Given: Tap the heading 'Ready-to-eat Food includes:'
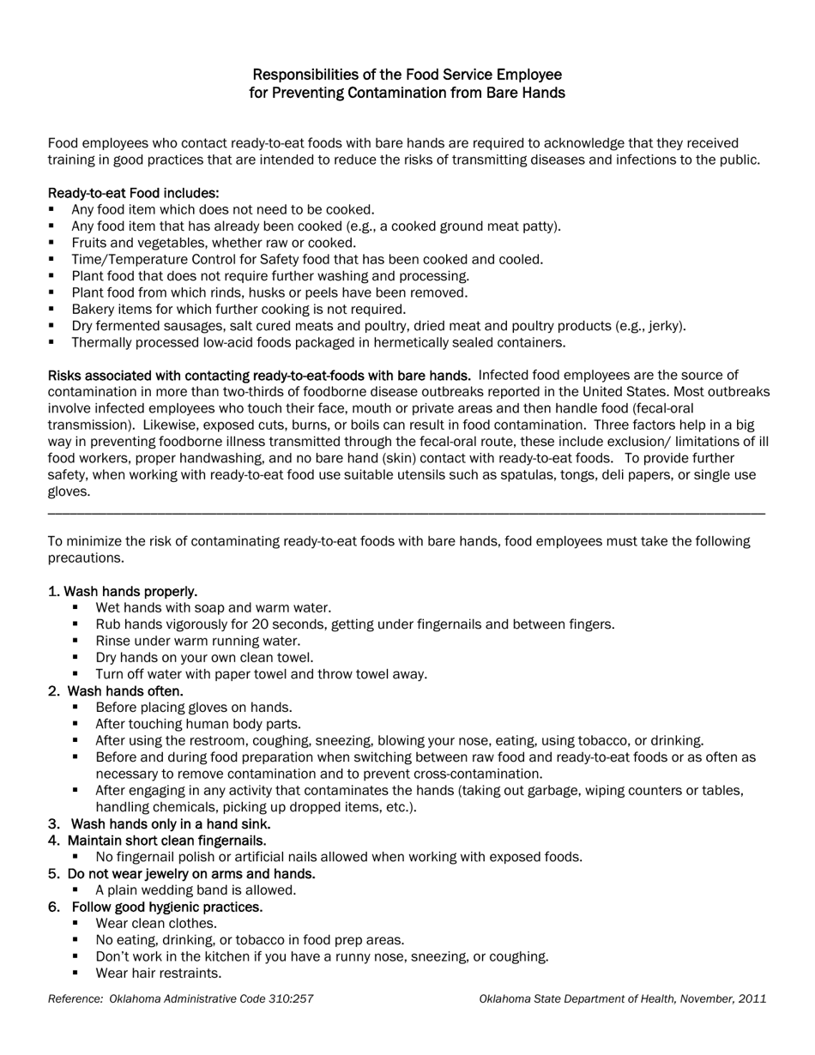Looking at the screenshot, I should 133,193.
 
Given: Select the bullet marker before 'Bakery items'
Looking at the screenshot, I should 51,309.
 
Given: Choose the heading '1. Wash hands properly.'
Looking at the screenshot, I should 123,591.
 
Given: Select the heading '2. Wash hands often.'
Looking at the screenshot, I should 116,690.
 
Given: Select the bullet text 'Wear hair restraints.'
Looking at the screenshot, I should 159,973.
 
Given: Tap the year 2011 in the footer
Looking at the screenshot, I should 752,998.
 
